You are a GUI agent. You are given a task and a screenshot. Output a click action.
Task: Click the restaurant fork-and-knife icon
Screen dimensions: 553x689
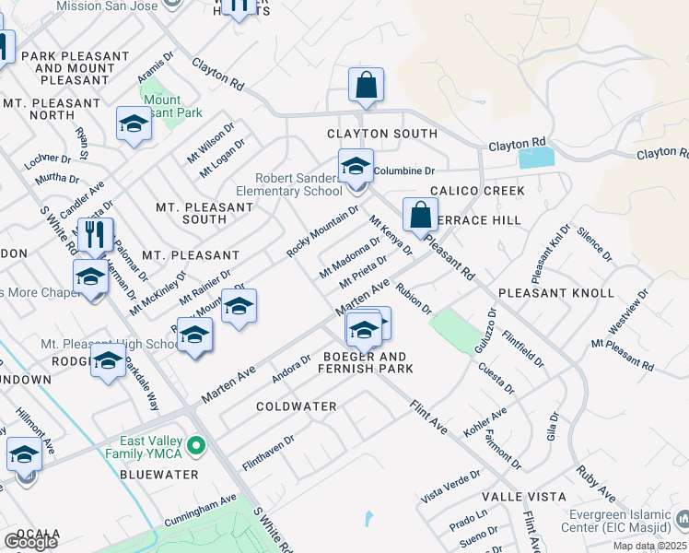94,235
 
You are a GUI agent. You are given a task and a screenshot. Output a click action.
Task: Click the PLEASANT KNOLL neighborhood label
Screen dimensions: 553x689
555,293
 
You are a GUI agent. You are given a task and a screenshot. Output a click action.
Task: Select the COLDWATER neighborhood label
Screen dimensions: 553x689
296,406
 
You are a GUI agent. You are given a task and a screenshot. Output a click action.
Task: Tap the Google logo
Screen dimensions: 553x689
30,541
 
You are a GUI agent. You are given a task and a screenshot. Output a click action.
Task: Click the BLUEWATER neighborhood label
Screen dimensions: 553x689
158,474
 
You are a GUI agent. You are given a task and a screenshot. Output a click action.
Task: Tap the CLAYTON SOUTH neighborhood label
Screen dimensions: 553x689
382,134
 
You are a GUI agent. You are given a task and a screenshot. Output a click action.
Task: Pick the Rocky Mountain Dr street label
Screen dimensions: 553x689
322,231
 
